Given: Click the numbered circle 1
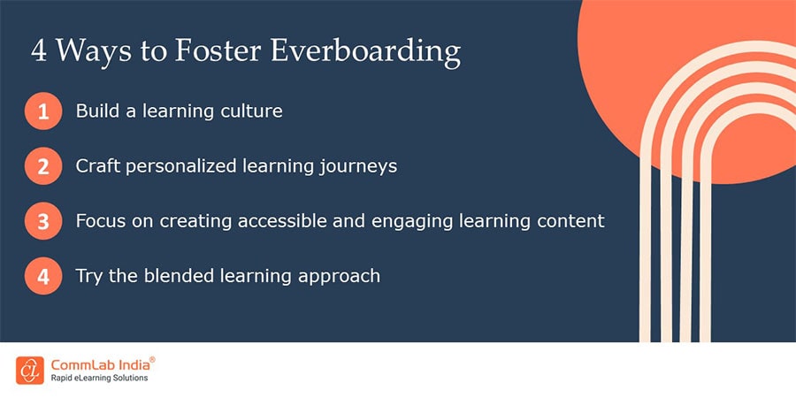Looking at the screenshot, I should pos(43,112).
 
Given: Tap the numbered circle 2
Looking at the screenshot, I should pos(43,166).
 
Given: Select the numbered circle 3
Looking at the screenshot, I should pos(43,221).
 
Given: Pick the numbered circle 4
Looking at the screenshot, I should pos(43,276).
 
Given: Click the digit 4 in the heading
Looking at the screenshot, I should pos(40,50).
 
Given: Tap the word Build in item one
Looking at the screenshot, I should pos(96,111).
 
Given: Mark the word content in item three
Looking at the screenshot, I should pos(572,220).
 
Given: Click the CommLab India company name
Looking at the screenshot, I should pos(97,364).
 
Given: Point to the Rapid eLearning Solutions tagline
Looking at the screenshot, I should pos(99,379).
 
